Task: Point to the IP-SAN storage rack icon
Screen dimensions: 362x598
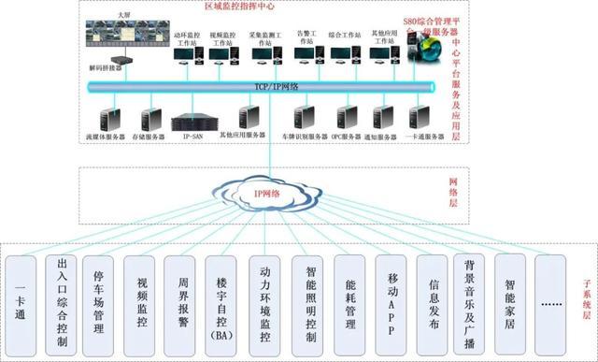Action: click(x=193, y=120)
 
